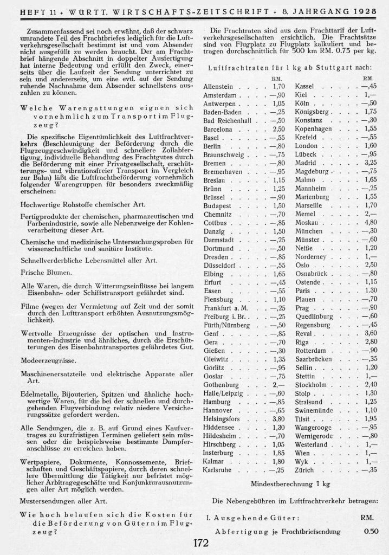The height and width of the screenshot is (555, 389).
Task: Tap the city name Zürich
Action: (x=304, y=469)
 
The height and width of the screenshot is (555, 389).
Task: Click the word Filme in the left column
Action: (x=30, y=306)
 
